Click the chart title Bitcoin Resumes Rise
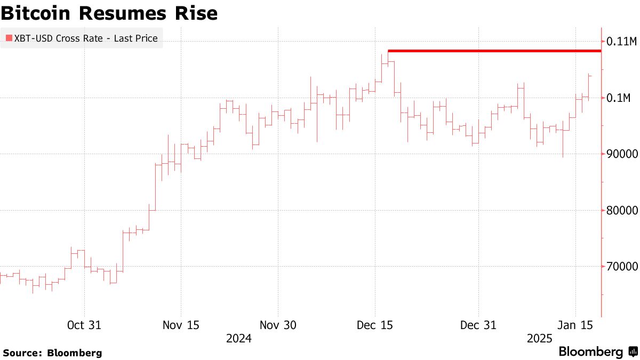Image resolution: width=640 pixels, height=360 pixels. (x=109, y=13)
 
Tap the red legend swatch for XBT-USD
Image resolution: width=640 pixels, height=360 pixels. (x=9, y=38)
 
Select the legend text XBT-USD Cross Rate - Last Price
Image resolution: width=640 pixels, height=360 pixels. (x=85, y=38)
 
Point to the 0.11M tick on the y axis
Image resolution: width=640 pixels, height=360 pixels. (x=621, y=42)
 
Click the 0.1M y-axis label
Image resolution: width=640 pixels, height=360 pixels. (x=619, y=98)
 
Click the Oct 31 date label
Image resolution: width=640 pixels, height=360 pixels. (x=84, y=325)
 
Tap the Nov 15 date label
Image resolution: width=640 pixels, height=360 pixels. (x=181, y=325)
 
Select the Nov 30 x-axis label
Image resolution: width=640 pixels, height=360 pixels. (x=278, y=325)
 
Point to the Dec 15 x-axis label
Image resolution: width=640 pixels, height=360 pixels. (x=375, y=325)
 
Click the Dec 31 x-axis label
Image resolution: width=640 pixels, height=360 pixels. (x=478, y=325)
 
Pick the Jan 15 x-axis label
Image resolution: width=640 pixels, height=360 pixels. (x=575, y=325)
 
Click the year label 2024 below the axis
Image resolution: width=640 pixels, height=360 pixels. (x=239, y=339)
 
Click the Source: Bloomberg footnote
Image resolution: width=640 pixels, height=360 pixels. (x=52, y=353)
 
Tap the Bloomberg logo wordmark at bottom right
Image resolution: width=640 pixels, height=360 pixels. (x=590, y=352)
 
